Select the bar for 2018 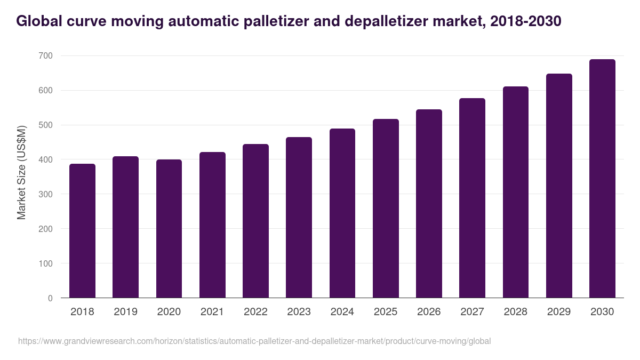[x=82, y=231]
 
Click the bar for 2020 [x=169, y=229]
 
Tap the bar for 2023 [x=299, y=218]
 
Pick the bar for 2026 [x=429, y=204]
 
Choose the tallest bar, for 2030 [x=602, y=179]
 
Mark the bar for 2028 [x=516, y=192]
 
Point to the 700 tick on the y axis [x=46, y=56]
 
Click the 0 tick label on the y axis [x=50, y=298]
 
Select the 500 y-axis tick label [x=46, y=125]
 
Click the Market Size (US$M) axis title [x=21, y=172]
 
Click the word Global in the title [x=35, y=21]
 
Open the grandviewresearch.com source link [x=254, y=341]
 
